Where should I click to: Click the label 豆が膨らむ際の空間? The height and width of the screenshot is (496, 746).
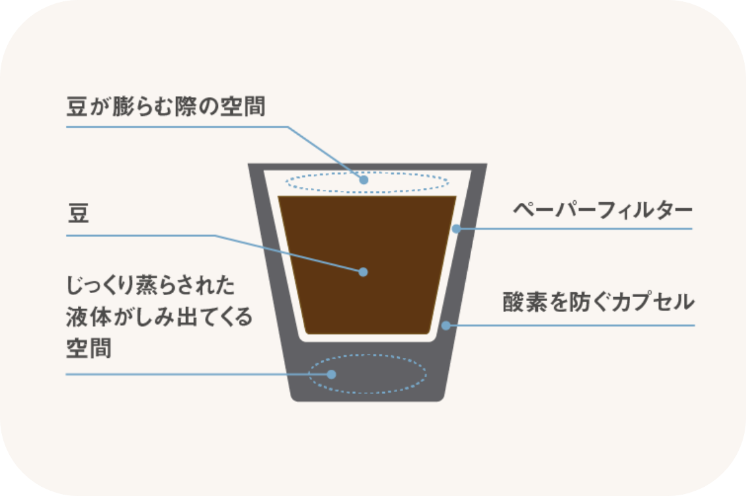point(166,106)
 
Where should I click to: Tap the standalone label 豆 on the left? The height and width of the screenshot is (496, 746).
point(79,213)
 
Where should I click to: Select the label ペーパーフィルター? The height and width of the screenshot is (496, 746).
point(602,209)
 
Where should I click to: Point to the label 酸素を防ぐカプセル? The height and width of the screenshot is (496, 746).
point(599,302)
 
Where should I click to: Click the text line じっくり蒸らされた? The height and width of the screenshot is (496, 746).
point(151,285)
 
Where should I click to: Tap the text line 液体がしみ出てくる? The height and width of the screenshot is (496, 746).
point(160,317)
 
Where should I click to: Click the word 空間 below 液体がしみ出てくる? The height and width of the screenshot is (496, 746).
point(89,348)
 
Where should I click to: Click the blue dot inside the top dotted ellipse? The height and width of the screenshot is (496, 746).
point(364,180)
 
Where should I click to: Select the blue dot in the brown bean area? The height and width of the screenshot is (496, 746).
point(363,272)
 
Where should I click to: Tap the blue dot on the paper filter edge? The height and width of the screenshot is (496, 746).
point(456,229)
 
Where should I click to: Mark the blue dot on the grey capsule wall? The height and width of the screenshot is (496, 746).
point(446,325)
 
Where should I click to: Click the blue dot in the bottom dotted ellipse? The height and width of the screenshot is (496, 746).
point(332,374)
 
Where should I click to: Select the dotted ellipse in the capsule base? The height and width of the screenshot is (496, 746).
point(367,355)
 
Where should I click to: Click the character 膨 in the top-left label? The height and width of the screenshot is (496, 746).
point(124,106)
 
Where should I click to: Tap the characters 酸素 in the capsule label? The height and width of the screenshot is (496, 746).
point(525,302)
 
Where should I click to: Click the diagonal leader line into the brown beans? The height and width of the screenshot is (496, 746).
point(289,254)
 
